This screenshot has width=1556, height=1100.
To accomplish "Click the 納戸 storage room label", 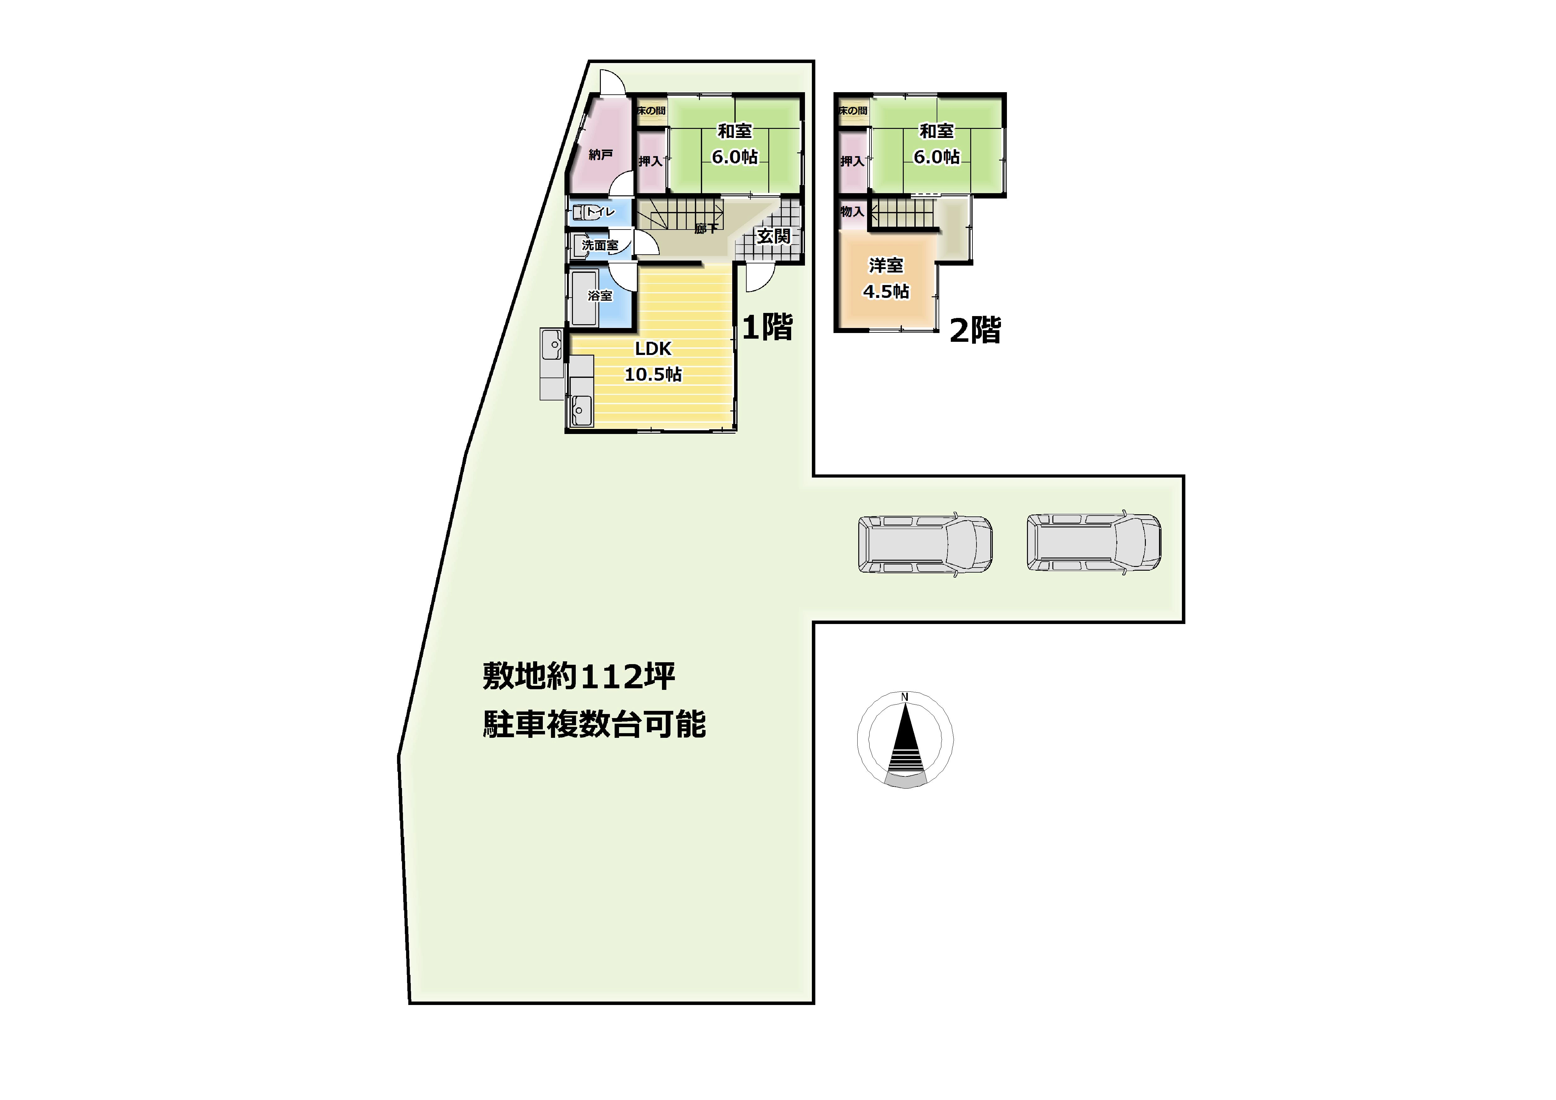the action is coord(601,155).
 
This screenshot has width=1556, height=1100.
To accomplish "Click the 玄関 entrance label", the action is coord(773,236).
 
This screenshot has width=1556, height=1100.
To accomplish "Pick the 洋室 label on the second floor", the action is coord(886,265).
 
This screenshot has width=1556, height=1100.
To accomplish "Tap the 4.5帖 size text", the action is coord(886,291).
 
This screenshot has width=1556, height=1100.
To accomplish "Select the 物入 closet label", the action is coord(852,211).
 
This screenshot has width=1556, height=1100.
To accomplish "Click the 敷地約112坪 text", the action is coord(579,676).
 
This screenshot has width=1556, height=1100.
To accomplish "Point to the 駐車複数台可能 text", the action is coord(594,724).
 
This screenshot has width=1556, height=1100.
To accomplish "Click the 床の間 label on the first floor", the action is coord(651,110).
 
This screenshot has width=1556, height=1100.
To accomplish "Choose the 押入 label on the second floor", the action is coord(852,161).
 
